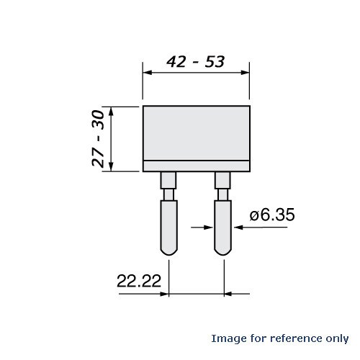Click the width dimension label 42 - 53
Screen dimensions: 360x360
(195, 62)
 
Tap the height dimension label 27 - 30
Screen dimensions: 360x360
(103, 138)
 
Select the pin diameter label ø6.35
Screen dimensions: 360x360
(273, 215)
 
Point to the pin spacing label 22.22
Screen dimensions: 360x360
(138, 281)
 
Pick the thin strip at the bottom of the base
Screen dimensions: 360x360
(196, 166)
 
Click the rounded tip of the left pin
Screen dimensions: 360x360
(168, 248)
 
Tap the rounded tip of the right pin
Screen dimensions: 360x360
(223, 248)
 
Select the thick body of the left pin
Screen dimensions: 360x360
(168, 223)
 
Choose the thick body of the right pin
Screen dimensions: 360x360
(223, 223)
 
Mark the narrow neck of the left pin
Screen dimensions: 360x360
(168, 194)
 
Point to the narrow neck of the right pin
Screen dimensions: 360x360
(223, 194)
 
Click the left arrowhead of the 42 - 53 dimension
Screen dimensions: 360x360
(147, 72)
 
